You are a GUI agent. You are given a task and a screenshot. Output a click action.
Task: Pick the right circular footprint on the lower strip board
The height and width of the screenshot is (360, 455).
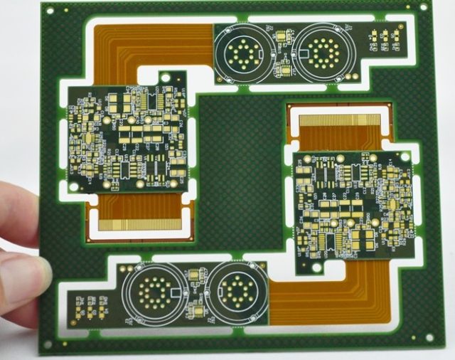[232, 290]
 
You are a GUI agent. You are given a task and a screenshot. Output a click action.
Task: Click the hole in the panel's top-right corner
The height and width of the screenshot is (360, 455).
[424, 9]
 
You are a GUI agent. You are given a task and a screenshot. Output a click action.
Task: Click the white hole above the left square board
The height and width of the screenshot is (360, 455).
[166, 77]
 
